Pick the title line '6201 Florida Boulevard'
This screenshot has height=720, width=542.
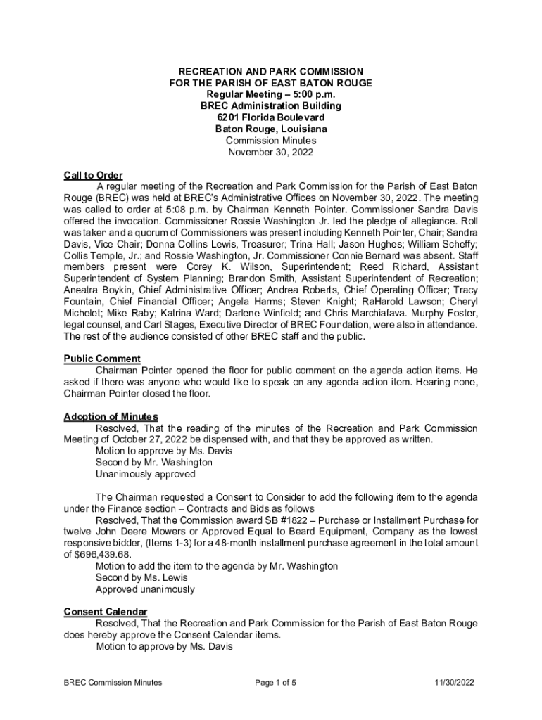(x=271, y=117)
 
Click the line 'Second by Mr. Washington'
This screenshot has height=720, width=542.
(x=153, y=463)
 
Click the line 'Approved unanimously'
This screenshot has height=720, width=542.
(x=145, y=589)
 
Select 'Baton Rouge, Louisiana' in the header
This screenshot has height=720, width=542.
(x=271, y=129)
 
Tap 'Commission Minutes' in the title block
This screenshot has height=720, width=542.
(x=271, y=141)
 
